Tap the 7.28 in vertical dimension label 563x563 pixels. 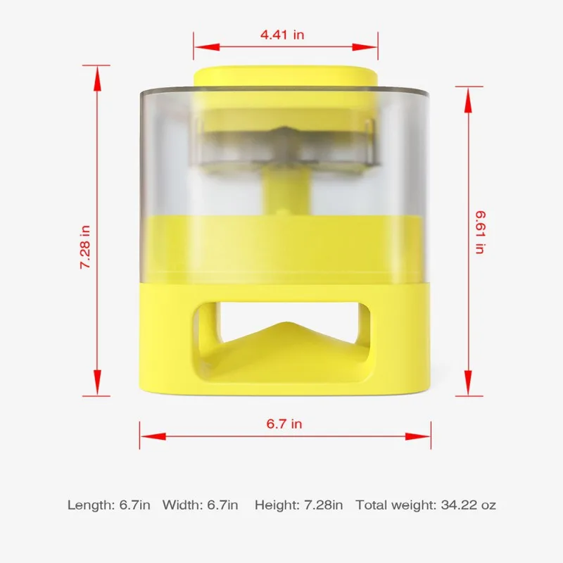pos(85,246)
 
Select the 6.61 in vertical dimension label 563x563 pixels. pos(479,230)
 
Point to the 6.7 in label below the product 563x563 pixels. pos(284,423)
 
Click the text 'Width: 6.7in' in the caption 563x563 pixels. pos(201,505)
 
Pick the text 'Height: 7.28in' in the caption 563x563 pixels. pos(299,505)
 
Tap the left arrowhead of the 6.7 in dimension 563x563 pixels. pos(144,436)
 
